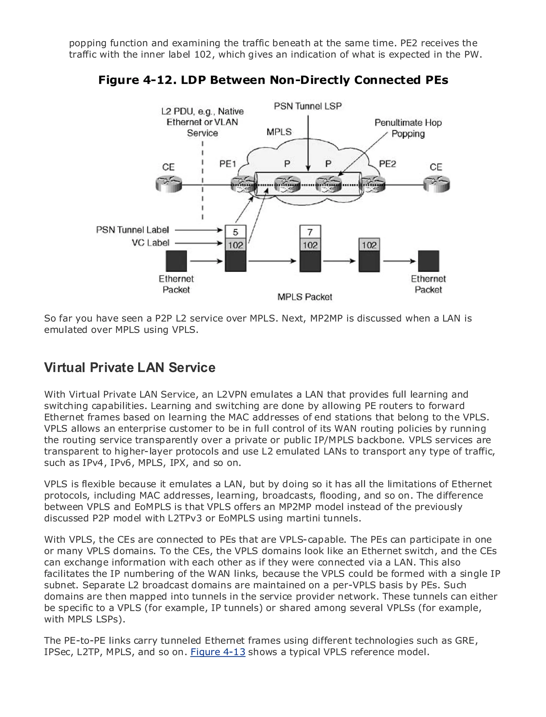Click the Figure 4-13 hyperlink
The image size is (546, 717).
(x=218, y=652)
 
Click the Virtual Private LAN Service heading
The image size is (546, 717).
(x=130, y=368)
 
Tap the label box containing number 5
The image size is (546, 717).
(x=236, y=232)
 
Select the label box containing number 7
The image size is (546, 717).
(x=310, y=232)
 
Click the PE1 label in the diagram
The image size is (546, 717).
(x=227, y=164)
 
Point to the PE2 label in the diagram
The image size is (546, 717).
(x=387, y=164)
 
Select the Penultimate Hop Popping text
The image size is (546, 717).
(x=408, y=128)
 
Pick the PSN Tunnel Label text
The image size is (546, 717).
(x=133, y=230)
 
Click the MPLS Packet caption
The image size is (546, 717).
(x=304, y=297)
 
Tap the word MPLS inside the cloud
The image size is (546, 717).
(x=279, y=132)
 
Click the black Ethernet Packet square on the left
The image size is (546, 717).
(x=176, y=261)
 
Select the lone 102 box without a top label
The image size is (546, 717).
(x=369, y=245)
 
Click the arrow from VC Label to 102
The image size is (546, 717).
(x=198, y=243)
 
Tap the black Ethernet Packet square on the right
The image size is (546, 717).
(x=428, y=261)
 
